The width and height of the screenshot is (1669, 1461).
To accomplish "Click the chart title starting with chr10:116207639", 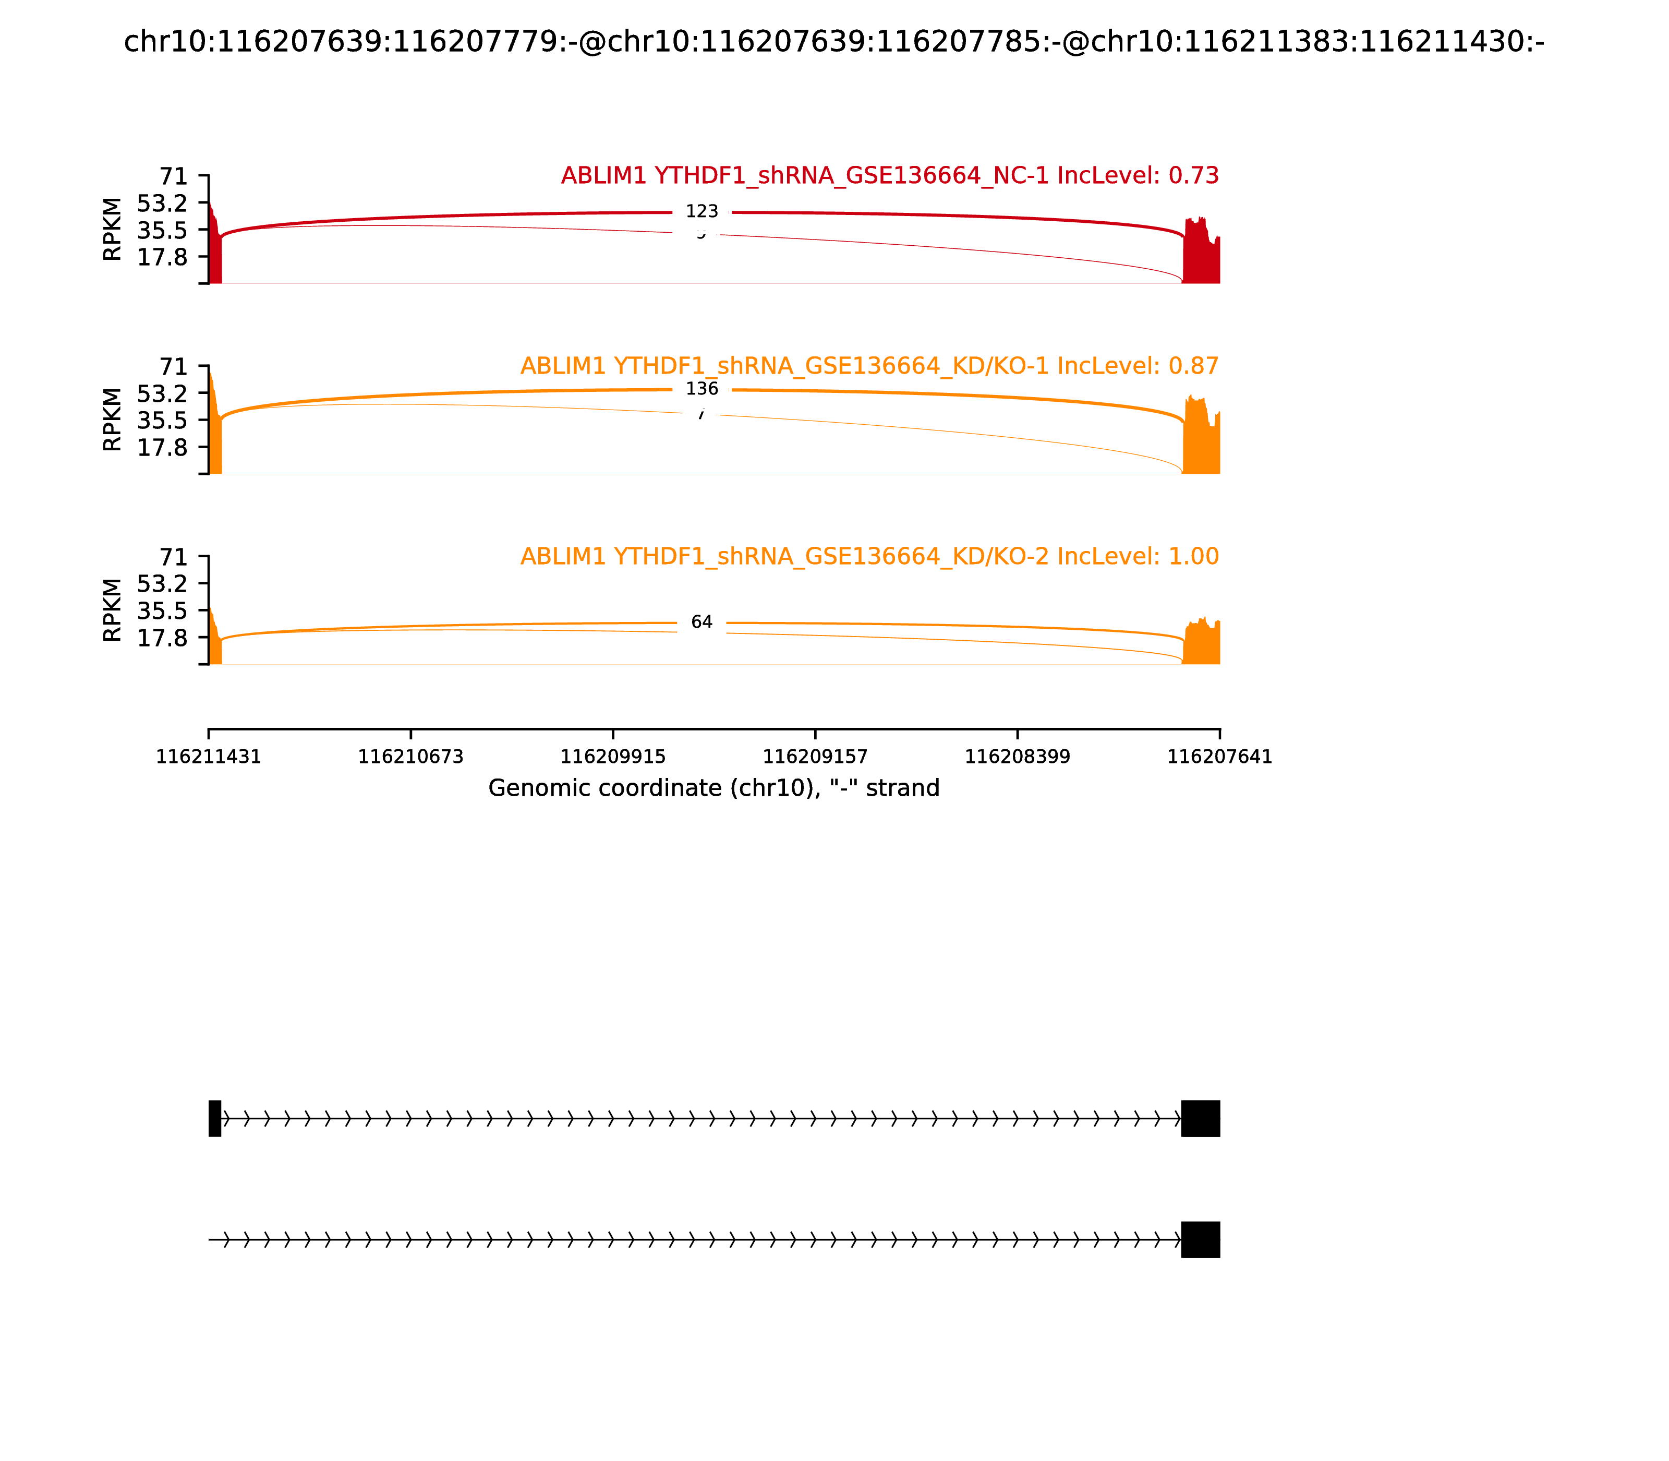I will pyautogui.click(x=833, y=42).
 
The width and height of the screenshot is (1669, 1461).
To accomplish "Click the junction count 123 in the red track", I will pyautogui.click(x=702, y=212).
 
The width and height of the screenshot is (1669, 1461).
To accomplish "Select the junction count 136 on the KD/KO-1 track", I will pyautogui.click(x=702, y=389).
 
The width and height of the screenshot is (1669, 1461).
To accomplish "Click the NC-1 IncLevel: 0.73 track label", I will pyautogui.click(x=889, y=176).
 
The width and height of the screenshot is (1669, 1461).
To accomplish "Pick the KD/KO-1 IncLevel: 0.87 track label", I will pyautogui.click(x=869, y=367).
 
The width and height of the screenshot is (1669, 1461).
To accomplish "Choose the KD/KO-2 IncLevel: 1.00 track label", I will pyautogui.click(x=869, y=557).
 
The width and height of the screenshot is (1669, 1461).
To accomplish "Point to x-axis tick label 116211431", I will pyautogui.click(x=209, y=758).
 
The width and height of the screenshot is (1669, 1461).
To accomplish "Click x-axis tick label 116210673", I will pyautogui.click(x=411, y=758).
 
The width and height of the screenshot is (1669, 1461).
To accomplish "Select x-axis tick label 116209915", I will pyautogui.click(x=613, y=758).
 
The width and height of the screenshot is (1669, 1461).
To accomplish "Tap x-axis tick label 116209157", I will pyautogui.click(x=815, y=758).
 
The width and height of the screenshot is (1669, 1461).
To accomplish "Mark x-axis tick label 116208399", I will pyautogui.click(x=1017, y=758).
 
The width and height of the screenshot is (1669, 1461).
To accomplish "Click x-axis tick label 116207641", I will pyautogui.click(x=1219, y=758).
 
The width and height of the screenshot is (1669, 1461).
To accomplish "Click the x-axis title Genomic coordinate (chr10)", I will pyautogui.click(x=714, y=788).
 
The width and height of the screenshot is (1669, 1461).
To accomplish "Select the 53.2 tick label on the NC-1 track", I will pyautogui.click(x=162, y=203).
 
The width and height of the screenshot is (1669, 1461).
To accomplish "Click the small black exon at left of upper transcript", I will pyautogui.click(x=214, y=1119).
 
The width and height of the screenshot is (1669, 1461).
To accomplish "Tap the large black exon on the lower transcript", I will pyautogui.click(x=1201, y=1240).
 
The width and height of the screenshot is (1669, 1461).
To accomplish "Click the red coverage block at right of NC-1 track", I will pyautogui.click(x=1201, y=257).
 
